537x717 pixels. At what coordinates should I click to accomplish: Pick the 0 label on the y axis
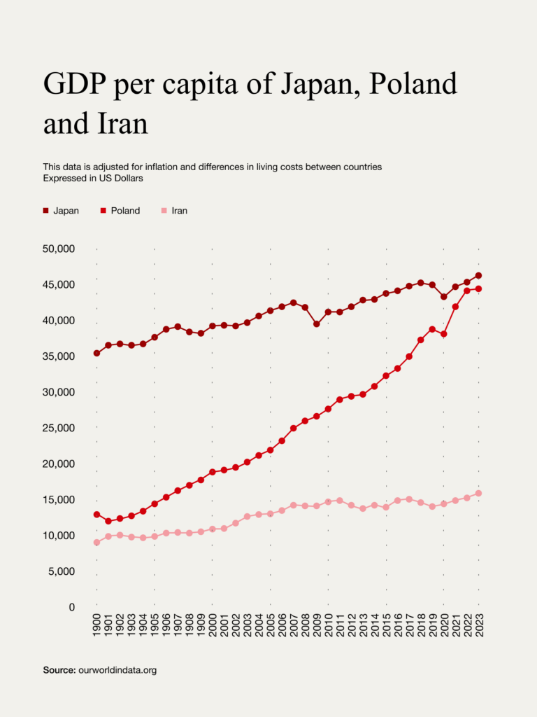pos(71,607)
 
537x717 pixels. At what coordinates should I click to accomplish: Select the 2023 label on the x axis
pos(479,622)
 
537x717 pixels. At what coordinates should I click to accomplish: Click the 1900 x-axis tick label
pos(96,622)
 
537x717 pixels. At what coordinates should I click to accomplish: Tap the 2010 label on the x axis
pos(328,622)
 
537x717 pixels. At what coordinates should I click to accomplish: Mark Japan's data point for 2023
pos(479,275)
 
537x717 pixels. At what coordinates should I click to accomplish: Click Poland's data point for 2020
pos(444,334)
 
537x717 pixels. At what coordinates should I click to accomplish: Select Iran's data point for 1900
pos(96,542)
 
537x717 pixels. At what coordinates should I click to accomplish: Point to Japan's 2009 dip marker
pos(317,324)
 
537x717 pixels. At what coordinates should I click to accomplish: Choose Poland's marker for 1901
pos(108,521)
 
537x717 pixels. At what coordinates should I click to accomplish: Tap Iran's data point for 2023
pos(479,493)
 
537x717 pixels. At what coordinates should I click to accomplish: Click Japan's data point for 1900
pos(96,353)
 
